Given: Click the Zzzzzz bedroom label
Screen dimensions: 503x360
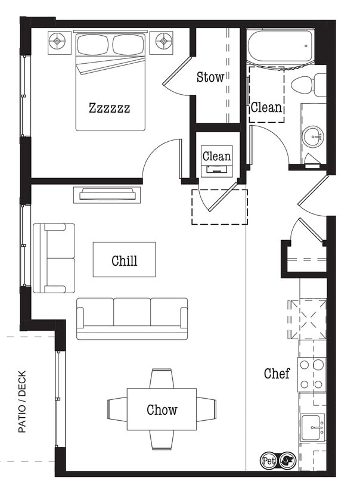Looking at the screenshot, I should tap(109, 108).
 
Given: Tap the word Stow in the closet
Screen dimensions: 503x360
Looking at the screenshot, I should tap(210, 77).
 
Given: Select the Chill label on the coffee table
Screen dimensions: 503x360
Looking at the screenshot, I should tap(124, 260).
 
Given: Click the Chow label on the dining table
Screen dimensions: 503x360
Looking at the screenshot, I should tap(162, 409).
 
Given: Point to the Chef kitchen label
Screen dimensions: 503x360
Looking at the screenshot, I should tap(277, 374).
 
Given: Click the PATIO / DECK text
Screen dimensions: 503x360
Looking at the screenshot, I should tap(23, 403).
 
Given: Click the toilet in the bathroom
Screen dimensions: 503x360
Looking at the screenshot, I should tap(312, 84).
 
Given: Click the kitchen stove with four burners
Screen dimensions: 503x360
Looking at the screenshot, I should tap(312, 374).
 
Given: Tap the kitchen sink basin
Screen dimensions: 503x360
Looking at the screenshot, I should tap(312, 426).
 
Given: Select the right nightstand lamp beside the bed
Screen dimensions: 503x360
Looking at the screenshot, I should tap(163, 41).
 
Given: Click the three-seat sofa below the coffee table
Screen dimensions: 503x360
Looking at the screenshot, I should tap(132, 318).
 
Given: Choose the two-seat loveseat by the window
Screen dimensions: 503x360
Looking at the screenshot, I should tap(54, 258).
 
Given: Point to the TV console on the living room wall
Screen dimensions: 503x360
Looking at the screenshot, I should tap(107, 195).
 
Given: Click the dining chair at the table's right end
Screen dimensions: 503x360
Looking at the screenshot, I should tap(206, 409).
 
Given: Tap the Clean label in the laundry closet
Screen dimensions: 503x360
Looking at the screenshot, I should tap(216, 156).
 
